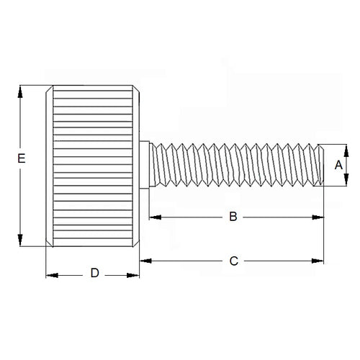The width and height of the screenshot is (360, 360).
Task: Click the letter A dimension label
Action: tap(338, 165)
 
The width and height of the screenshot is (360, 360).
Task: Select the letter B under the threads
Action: tap(233, 216)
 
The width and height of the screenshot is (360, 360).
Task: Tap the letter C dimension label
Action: tap(233, 261)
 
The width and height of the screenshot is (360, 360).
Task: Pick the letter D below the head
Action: tap(94, 274)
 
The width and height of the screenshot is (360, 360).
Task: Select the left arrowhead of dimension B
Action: tap(153, 217)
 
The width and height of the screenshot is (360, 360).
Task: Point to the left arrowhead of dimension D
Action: tap(51, 274)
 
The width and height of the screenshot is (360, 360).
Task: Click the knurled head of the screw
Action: tap(92, 166)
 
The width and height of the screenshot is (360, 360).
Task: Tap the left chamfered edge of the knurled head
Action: tap(48, 166)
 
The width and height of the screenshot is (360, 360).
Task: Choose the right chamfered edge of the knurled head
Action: tap(137, 166)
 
